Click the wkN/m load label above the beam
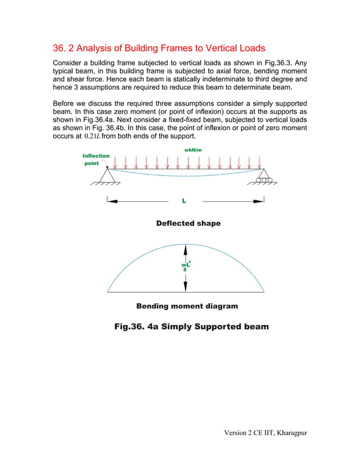(194, 150)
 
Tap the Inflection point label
(96, 159)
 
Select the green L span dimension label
(184, 200)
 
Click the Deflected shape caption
(188, 223)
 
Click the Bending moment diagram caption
(187, 306)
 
